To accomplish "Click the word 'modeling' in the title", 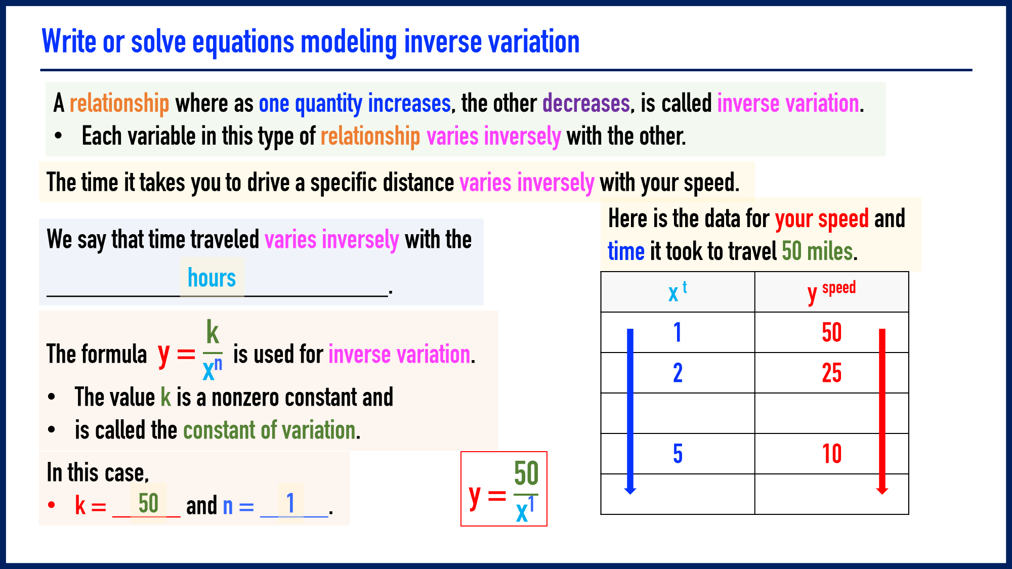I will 349,41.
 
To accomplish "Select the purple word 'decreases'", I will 586,104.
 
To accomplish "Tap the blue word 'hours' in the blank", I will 212,278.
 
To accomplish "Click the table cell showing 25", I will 831,373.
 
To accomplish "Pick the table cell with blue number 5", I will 678,454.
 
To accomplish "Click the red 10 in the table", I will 831,454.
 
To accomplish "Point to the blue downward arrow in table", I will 630,410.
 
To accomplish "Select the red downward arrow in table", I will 882,410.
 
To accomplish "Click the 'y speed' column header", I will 831,292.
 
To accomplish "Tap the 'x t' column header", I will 678,292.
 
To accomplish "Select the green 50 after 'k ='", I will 148,503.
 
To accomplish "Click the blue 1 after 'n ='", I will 290,503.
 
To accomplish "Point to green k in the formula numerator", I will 212,332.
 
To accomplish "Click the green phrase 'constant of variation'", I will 270,430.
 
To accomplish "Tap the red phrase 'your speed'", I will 822,219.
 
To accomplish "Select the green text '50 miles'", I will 817,251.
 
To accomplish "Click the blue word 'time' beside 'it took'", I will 626,251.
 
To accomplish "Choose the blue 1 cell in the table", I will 678,332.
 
